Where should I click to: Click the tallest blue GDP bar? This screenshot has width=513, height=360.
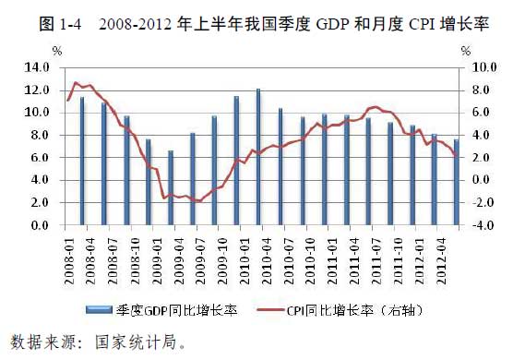tap(258, 157)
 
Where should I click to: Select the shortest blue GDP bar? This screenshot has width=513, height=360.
tap(170, 188)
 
